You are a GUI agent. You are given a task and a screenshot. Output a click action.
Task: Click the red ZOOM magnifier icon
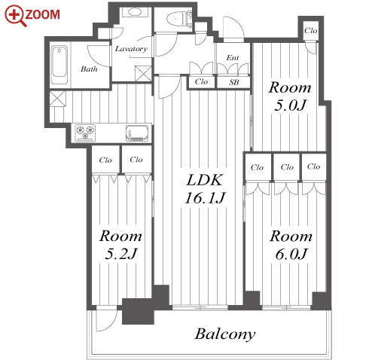click(15, 16)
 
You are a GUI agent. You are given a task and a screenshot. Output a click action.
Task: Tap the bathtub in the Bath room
click(59, 65)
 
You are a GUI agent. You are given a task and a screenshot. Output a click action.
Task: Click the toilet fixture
click(178, 19)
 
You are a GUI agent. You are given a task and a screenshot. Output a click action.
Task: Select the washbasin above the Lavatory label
click(136, 12)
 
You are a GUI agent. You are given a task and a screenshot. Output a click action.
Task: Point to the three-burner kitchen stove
click(85, 133)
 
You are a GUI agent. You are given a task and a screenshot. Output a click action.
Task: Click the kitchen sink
click(137, 133)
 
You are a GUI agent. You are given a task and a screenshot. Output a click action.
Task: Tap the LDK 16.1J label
click(205, 188)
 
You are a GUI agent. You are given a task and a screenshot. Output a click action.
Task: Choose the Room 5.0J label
click(290, 96)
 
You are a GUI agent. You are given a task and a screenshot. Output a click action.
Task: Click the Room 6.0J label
click(291, 245)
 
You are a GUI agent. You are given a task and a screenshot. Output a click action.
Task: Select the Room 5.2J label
click(120, 245)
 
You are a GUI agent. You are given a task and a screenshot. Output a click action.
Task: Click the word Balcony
click(225, 334)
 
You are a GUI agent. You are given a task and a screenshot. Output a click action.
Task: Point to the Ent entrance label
click(233, 58)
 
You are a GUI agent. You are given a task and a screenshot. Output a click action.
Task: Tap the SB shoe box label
click(234, 82)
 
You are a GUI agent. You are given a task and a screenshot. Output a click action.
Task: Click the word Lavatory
click(131, 49)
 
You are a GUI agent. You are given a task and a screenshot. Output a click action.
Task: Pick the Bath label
click(89, 69)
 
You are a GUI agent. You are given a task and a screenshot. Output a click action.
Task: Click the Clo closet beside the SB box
click(201, 81)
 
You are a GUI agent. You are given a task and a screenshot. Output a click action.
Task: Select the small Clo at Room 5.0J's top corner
click(311, 31)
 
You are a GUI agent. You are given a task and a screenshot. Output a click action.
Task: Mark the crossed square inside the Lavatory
click(143, 73)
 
